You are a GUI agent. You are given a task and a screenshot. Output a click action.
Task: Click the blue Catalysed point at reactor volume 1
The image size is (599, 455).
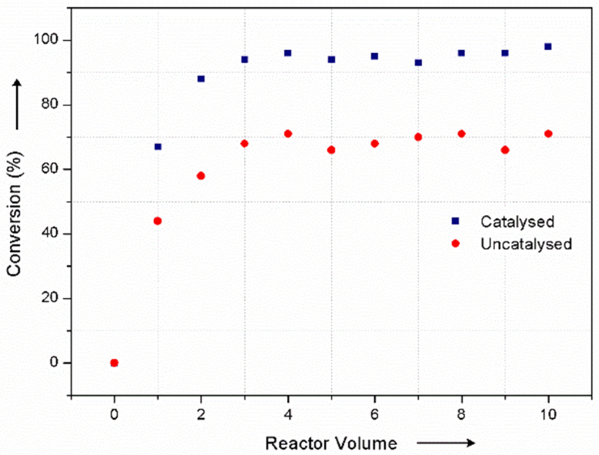158,146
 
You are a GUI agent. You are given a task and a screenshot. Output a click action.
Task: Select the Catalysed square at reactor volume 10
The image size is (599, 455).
548,46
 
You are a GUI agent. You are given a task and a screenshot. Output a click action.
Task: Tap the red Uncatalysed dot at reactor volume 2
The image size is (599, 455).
201,176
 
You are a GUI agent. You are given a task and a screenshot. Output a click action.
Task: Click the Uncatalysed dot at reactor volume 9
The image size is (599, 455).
505,150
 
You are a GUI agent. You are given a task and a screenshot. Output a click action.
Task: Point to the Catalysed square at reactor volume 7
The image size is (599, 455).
418,62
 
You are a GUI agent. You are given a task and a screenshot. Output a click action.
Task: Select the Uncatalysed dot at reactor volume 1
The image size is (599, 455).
158,221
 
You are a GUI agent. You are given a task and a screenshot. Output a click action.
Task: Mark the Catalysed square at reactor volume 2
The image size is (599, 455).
201,78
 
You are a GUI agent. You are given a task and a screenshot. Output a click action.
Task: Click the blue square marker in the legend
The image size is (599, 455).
455,221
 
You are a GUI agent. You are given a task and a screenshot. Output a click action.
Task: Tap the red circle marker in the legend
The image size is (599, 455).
455,243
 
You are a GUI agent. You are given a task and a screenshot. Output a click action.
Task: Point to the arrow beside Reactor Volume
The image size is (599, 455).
444,443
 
